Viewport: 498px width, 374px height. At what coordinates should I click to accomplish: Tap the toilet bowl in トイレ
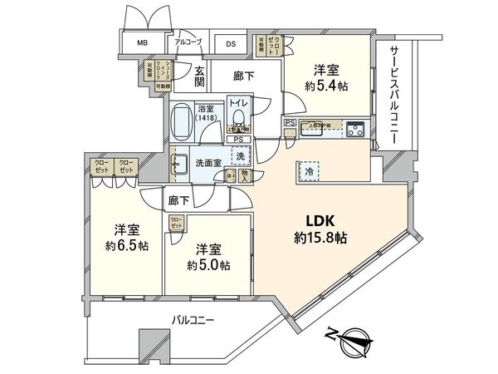[x=238, y=116]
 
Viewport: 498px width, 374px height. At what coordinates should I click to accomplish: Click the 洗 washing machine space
[x=240, y=157]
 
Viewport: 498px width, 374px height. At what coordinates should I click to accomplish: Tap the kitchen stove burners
[x=356, y=128]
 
